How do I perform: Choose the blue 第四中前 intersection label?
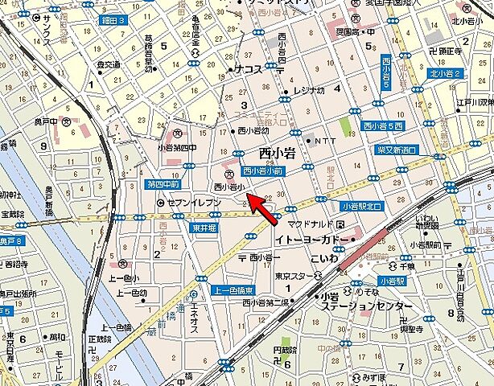(x=164, y=184)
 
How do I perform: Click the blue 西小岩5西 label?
(x=383, y=126)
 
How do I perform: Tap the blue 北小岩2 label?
(x=445, y=74)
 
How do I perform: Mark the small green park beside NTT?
(x=344, y=128)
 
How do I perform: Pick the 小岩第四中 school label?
(x=176, y=147)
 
